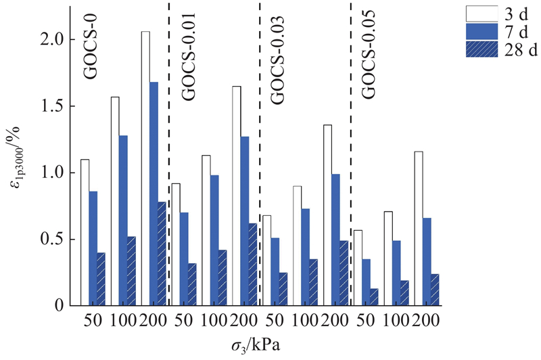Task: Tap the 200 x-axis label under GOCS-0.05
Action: click(425, 321)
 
